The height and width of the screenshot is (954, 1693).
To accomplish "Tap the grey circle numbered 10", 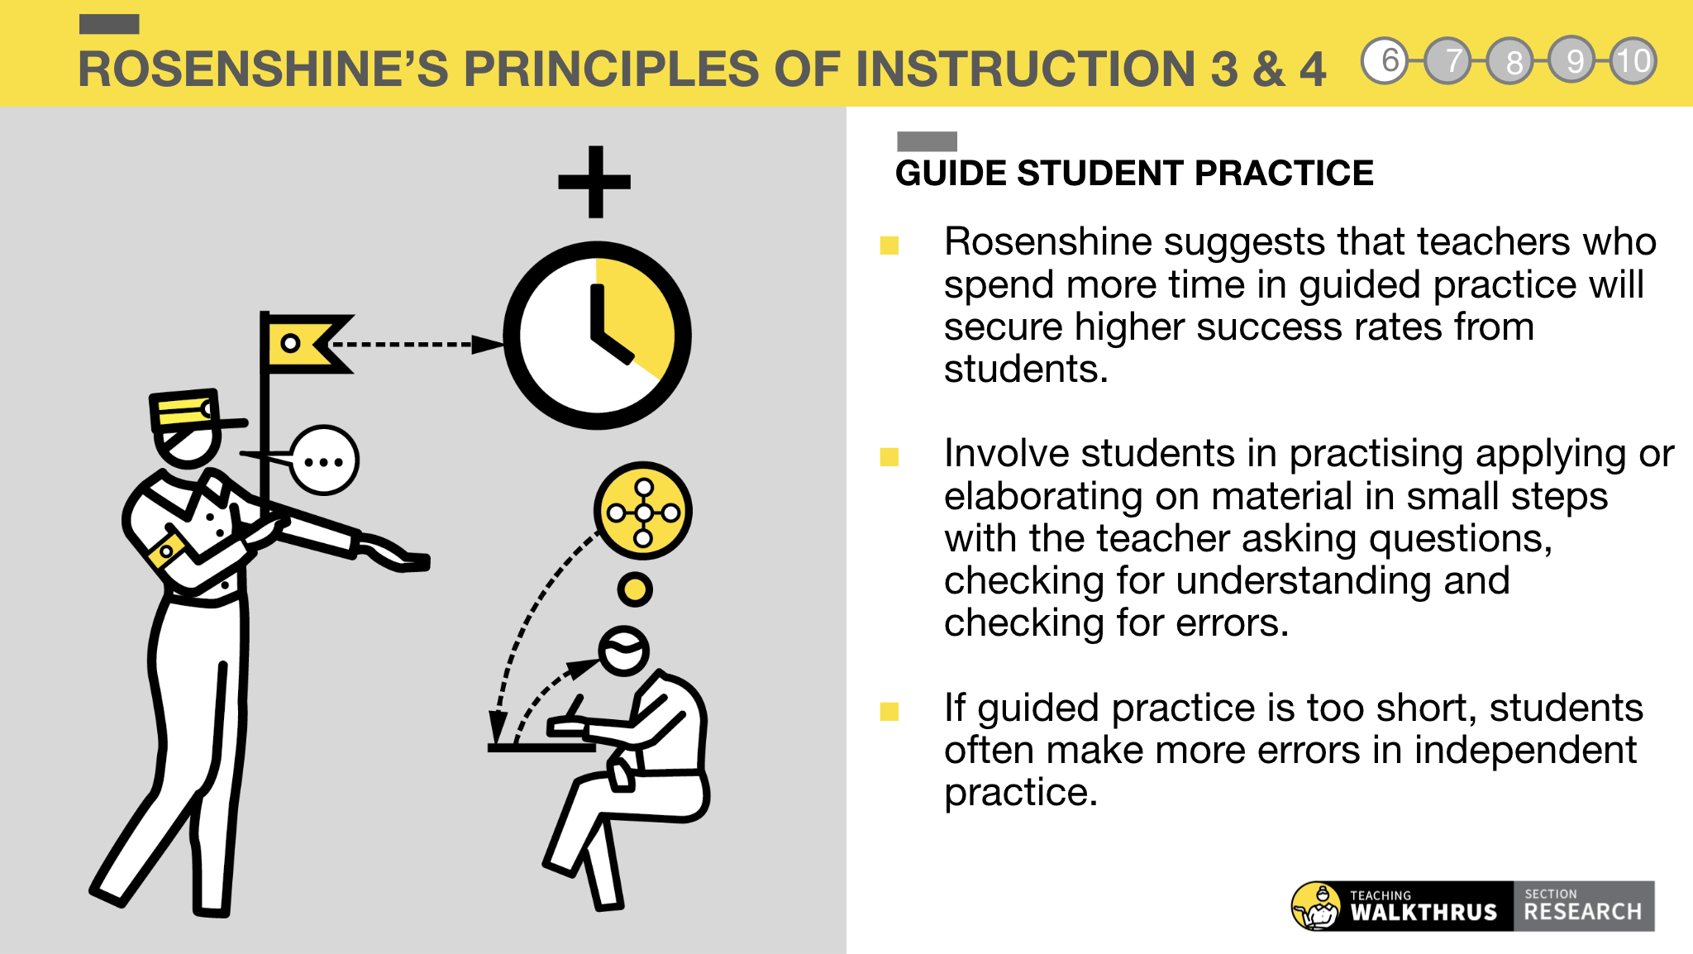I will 1633,61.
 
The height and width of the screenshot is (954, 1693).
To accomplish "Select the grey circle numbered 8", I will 1511,61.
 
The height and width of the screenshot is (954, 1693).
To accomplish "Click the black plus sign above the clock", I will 594,182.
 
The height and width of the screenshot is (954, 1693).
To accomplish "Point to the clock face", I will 597,335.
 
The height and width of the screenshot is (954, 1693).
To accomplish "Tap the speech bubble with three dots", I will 324,460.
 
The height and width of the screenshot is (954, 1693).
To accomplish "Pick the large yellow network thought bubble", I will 643,512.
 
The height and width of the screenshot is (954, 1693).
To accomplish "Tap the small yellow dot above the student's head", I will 635,589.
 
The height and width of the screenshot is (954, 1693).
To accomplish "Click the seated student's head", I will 623,651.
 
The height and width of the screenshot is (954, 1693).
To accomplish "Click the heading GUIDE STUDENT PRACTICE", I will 1133,174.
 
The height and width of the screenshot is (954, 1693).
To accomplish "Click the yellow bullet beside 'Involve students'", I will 889,457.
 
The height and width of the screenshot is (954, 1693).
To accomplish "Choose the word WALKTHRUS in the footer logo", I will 1423,912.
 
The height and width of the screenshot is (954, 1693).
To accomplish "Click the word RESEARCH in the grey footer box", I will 1582,911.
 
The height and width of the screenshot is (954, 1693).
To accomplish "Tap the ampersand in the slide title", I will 1268,69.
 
